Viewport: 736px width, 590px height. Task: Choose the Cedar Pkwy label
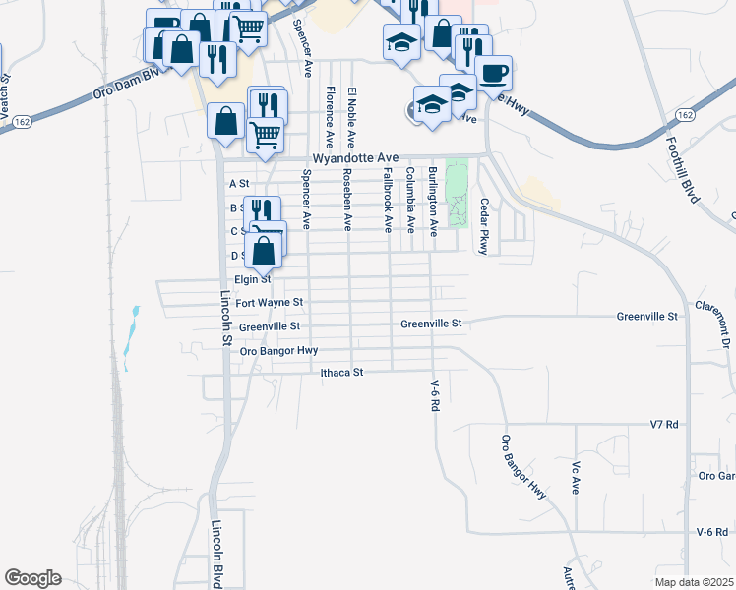483,226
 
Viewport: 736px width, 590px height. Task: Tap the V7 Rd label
665,424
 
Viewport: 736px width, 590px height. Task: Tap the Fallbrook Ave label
388,200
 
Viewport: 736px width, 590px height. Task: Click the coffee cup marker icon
493,71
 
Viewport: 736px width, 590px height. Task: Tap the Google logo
32,578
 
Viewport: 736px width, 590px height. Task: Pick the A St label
239,184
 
